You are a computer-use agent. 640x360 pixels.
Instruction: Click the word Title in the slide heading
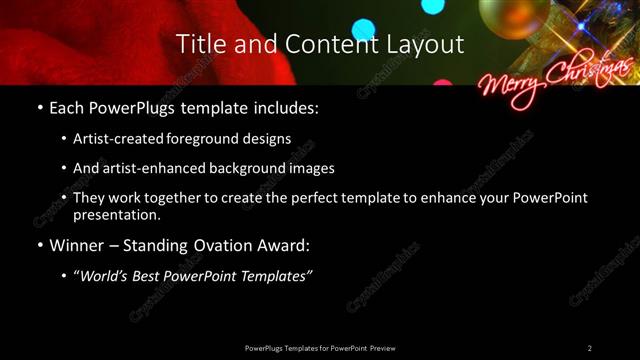(x=199, y=44)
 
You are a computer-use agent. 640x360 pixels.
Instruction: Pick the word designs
(x=267, y=139)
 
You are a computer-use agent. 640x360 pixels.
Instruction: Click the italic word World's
(x=107, y=276)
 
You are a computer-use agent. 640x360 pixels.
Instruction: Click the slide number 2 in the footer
(x=590, y=348)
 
